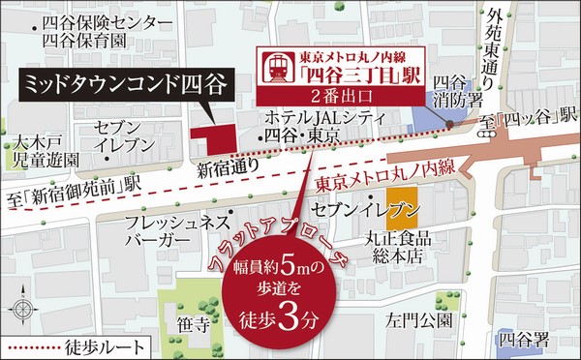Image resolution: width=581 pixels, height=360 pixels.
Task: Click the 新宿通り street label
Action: (229, 169)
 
